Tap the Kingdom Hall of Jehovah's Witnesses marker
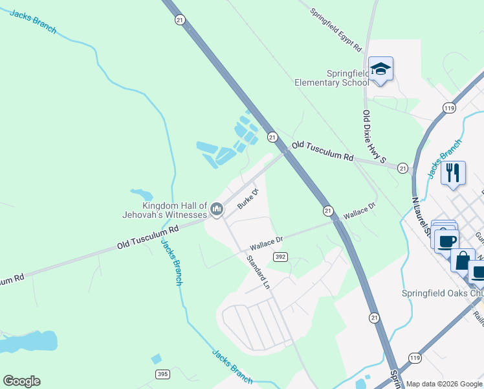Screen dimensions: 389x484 [x=217, y=209]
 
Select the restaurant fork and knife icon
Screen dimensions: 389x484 [x=453, y=172]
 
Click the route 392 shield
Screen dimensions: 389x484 [x=280, y=257]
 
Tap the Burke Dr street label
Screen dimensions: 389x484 [x=247, y=198]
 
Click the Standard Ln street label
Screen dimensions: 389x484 [x=257, y=271]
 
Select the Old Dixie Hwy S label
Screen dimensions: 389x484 [x=374, y=136]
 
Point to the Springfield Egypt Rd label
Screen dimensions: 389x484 [x=335, y=30]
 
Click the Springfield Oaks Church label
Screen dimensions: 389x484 [x=443, y=292]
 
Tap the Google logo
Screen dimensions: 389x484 [x=21, y=381]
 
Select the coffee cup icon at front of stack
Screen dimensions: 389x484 [x=446, y=241]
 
